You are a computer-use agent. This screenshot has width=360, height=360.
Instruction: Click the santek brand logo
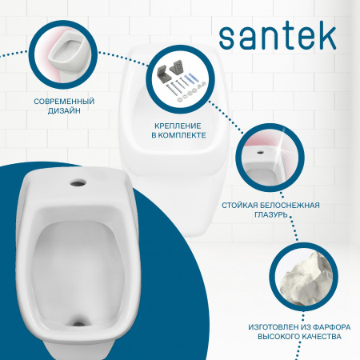[x=272, y=33]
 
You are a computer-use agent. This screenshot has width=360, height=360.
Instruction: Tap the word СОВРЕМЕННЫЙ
[x=65, y=102]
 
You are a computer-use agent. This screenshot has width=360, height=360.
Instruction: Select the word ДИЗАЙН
[x=65, y=113]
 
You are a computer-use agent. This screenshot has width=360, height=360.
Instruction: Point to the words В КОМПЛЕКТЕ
[x=178, y=137]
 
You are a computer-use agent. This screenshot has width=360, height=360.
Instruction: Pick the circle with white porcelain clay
[x=304, y=277]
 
